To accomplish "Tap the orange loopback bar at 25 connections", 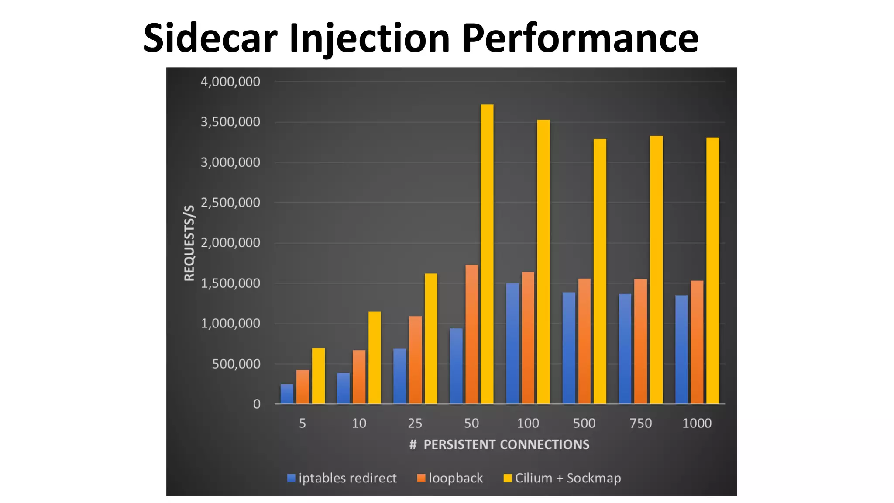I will pyautogui.click(x=415, y=360).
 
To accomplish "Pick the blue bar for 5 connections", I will pyautogui.click(x=287, y=394).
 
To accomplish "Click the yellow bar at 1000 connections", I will pyautogui.click(x=712, y=271).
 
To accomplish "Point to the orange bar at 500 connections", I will pyautogui.click(x=584, y=341).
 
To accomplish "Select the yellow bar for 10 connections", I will pyautogui.click(x=375, y=358).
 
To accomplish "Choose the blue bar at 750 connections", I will pyautogui.click(x=625, y=349).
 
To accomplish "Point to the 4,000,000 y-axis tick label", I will pyautogui.click(x=230, y=82).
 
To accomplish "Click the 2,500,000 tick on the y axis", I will pyautogui.click(x=230, y=203).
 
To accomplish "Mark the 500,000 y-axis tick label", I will pyautogui.click(x=236, y=364).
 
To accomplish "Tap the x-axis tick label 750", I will pyautogui.click(x=640, y=423).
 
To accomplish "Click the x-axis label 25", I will pyautogui.click(x=415, y=423).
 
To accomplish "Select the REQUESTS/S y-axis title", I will pyautogui.click(x=189, y=243).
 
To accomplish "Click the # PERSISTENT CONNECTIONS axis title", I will pyautogui.click(x=499, y=444).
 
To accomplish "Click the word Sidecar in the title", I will pyautogui.click(x=210, y=38).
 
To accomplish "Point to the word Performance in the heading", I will pyautogui.click(x=580, y=38).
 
